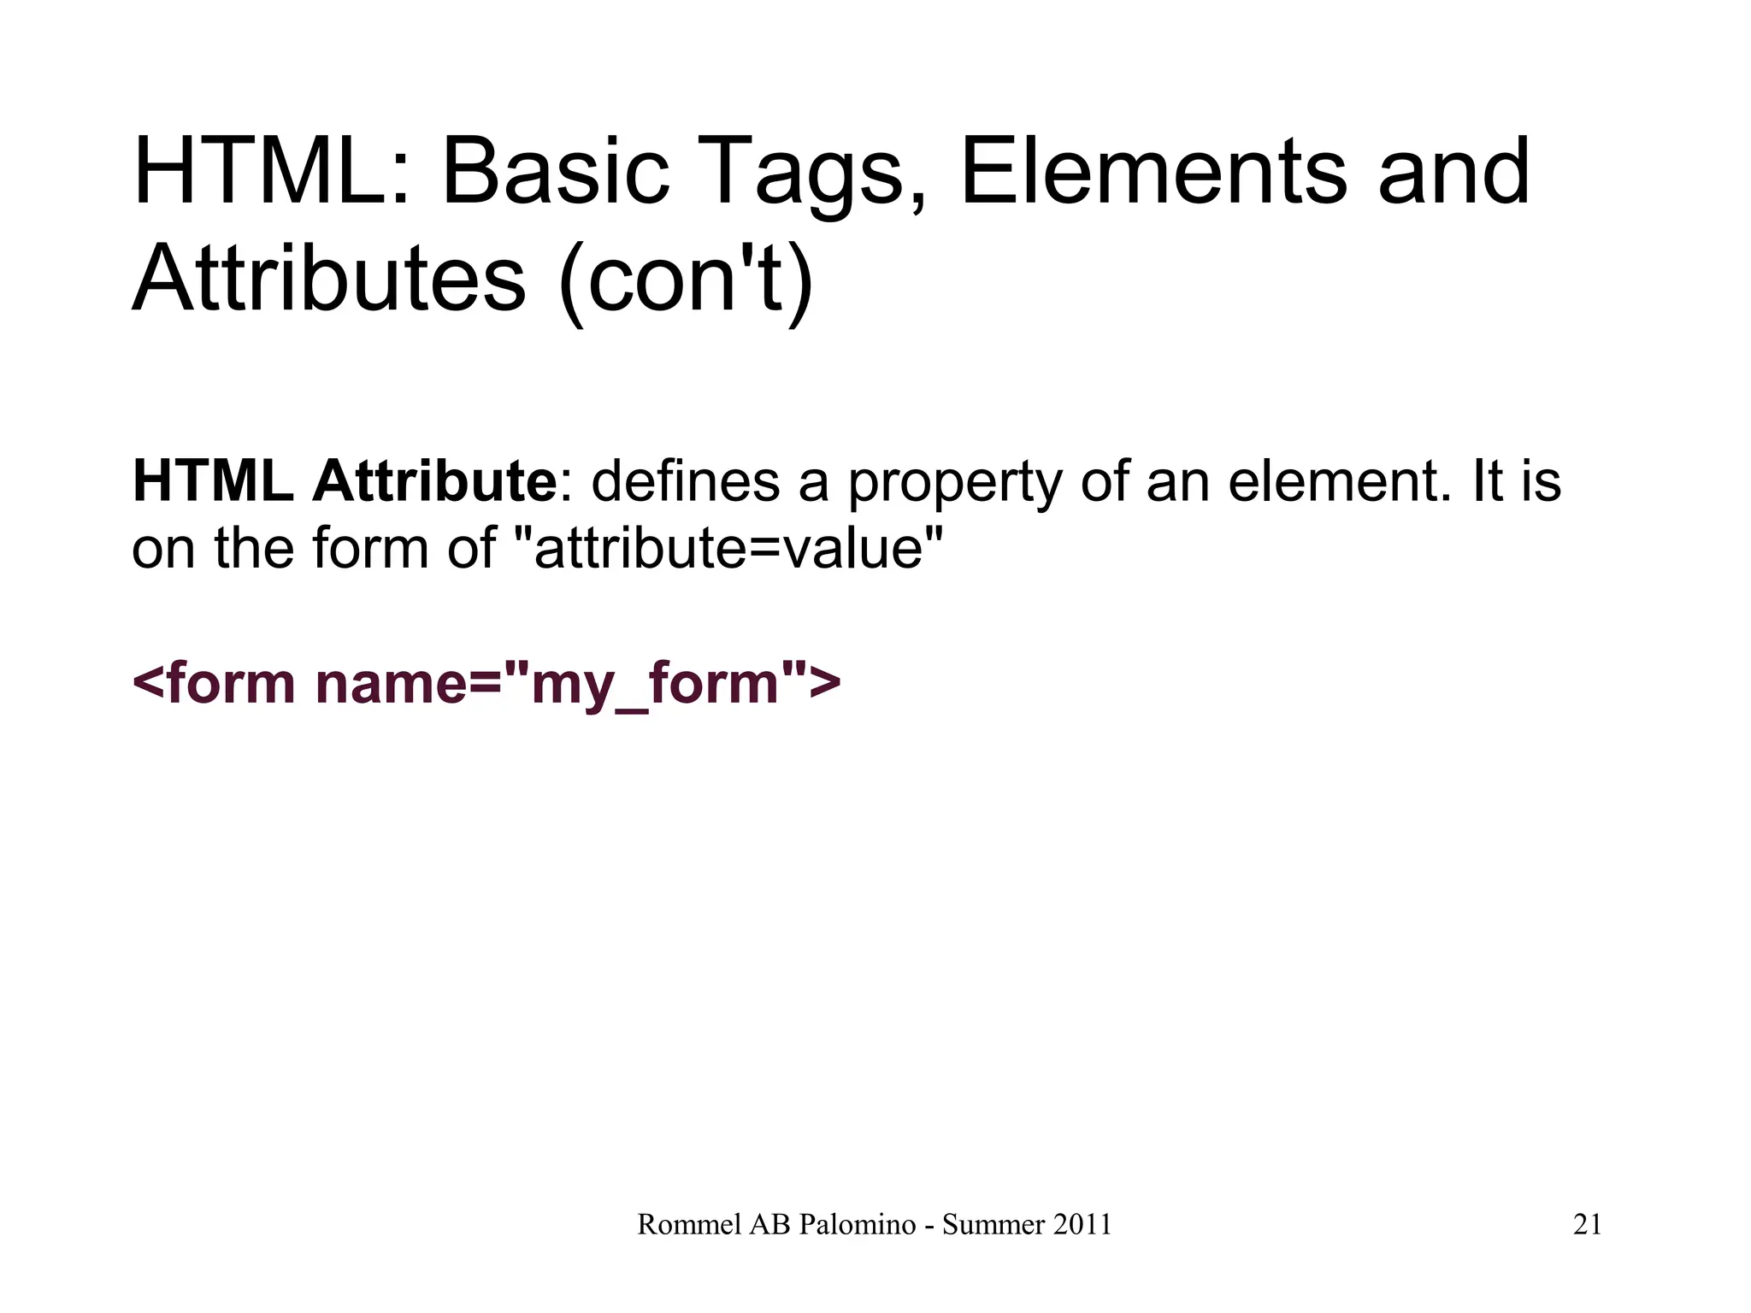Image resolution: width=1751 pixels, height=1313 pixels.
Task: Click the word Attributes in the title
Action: (329, 279)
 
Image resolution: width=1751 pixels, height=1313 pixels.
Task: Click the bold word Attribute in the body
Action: (434, 481)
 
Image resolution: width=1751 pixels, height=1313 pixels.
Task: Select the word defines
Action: (686, 481)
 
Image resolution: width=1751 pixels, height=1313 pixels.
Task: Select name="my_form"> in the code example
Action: (578, 686)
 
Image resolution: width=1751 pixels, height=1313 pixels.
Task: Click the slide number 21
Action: (1587, 1225)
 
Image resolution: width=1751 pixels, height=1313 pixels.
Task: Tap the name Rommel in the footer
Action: (689, 1225)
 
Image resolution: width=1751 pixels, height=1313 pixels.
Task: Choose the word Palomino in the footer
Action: (858, 1225)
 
